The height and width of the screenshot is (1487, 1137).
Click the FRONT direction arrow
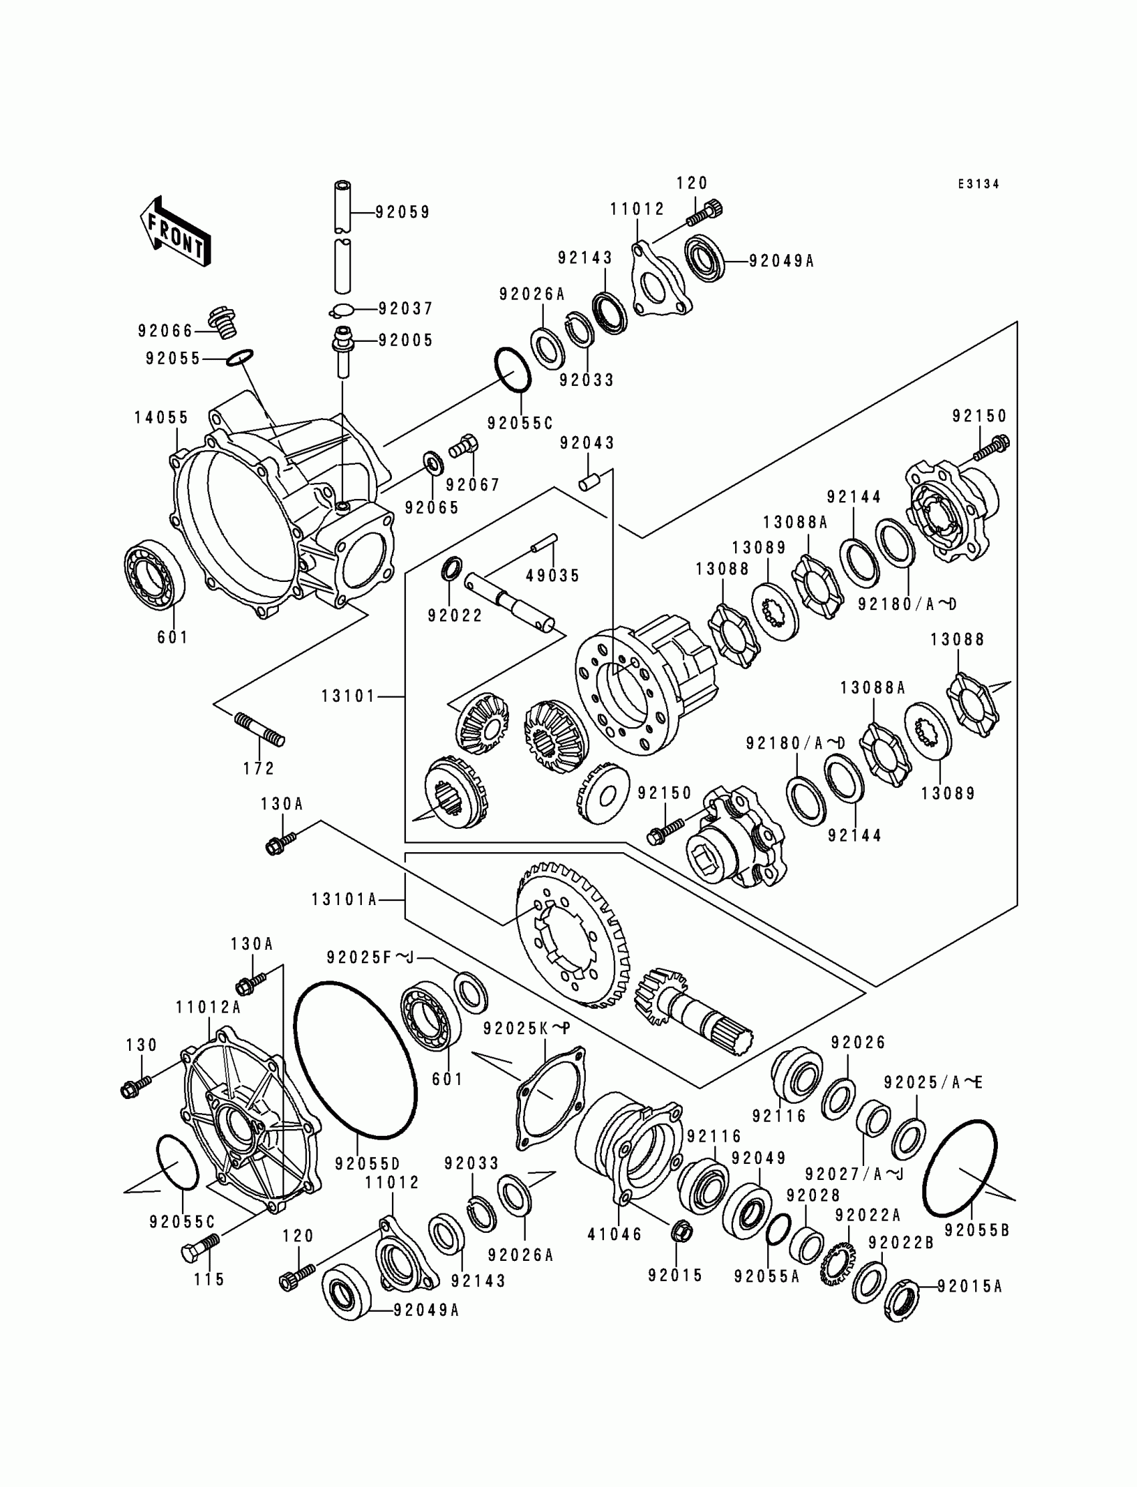click(x=175, y=231)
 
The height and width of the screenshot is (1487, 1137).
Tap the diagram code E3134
click(x=978, y=184)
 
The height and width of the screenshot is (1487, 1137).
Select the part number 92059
click(x=403, y=213)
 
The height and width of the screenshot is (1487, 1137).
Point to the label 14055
click(x=161, y=417)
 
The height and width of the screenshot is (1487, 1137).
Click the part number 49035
click(x=553, y=576)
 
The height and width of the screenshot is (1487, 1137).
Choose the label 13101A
click(x=344, y=900)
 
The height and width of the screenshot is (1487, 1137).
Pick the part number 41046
click(x=615, y=1234)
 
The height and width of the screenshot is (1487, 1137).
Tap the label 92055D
click(x=367, y=1163)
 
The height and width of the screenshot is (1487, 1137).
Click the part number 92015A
click(x=969, y=1286)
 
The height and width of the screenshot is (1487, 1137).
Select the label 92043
click(x=587, y=443)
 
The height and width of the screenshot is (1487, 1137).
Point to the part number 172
click(x=260, y=768)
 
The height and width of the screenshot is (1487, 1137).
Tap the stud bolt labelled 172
click(x=260, y=730)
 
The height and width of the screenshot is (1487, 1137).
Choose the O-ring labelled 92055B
click(x=960, y=1167)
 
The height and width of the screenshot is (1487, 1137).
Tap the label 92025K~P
click(x=526, y=1047)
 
